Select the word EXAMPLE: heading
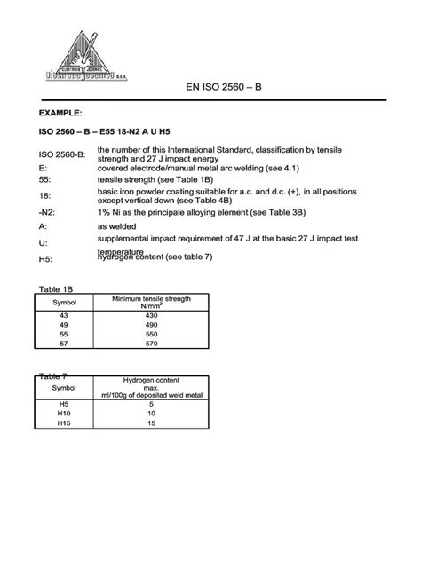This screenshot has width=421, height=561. click(60, 114)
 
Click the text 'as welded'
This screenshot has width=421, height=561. click(118, 227)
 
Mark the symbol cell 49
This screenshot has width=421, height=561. click(63, 328)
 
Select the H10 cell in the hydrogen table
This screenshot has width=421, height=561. click(63, 414)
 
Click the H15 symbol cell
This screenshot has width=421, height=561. click(63, 423)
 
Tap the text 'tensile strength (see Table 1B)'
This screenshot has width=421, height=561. click(160, 178)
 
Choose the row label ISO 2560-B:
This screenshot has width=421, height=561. click(61, 155)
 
